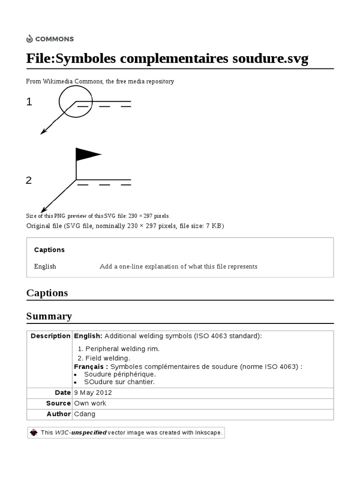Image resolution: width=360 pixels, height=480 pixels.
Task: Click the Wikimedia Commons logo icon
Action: (30, 39)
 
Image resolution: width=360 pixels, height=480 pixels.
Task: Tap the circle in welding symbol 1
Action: (76, 101)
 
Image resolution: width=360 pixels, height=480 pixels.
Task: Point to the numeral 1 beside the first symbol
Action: (29, 102)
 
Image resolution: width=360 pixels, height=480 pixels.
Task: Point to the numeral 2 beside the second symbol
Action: (29, 180)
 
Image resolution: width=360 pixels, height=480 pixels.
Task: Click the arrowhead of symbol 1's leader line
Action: (43, 132)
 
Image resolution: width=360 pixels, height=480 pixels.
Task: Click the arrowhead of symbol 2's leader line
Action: (43, 210)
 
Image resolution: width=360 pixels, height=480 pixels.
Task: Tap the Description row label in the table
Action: (50, 336)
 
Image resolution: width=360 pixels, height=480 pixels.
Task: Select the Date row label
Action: (62, 393)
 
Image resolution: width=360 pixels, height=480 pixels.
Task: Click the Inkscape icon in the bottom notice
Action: (34, 433)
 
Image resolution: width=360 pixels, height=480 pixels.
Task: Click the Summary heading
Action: (49, 316)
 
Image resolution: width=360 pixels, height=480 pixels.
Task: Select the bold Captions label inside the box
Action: (49, 250)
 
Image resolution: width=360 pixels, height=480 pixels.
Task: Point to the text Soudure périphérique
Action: (120, 375)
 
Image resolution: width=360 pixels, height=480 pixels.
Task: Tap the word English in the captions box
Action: (45, 267)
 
